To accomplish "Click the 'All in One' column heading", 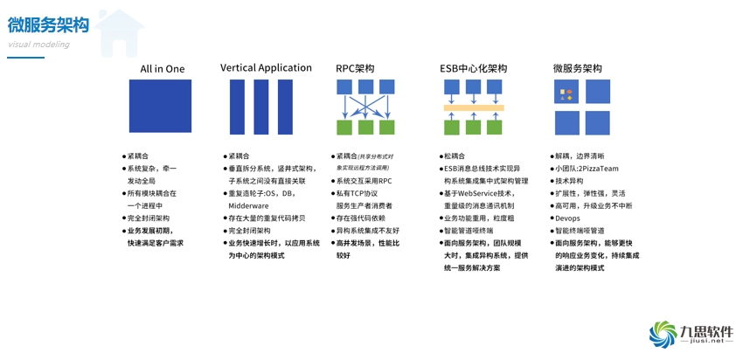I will pyautogui.click(x=163, y=68).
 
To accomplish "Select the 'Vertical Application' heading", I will pyautogui.click(x=266, y=67).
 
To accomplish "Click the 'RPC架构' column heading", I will pyautogui.click(x=355, y=68).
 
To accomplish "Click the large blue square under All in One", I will pyautogui.click(x=161, y=106).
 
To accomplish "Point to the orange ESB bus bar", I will pyautogui.click(x=473, y=107).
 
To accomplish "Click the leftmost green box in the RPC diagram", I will pyautogui.click(x=344, y=128).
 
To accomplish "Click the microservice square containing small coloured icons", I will pyautogui.click(x=566, y=92).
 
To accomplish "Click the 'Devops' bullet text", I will pyautogui.click(x=568, y=218).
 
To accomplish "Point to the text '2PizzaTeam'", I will pyautogui.click(x=599, y=169).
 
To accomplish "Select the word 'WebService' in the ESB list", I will pyautogui.click(x=476, y=193).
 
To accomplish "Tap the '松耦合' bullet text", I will pyautogui.click(x=455, y=156).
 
